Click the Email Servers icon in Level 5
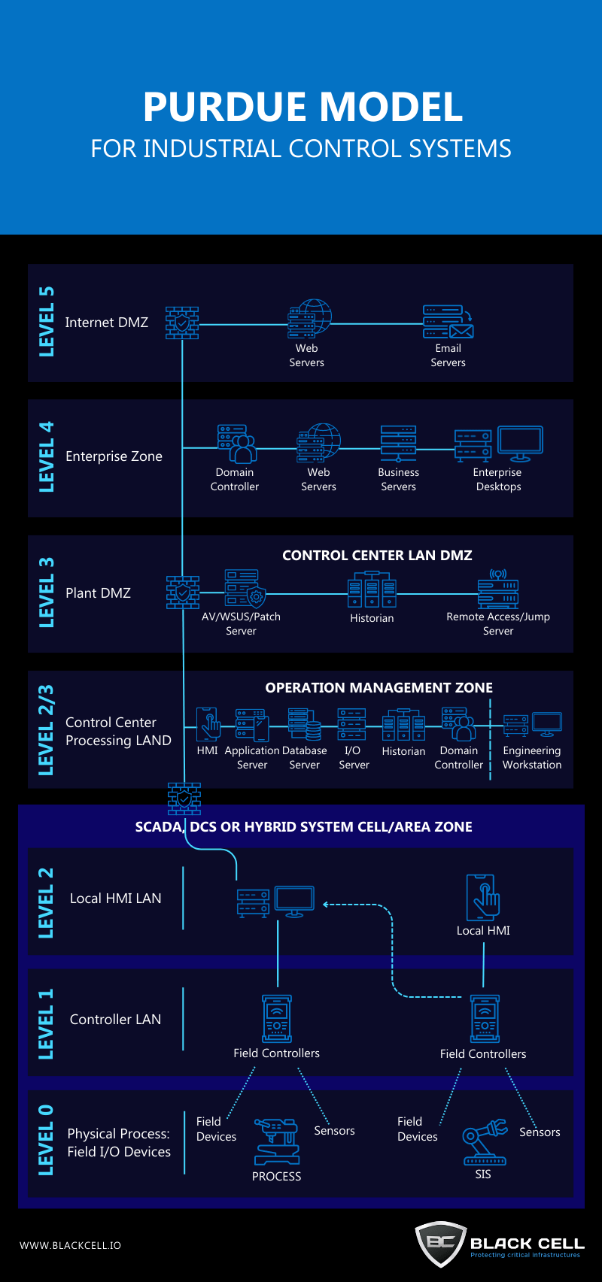[448, 322]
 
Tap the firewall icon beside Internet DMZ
[182, 323]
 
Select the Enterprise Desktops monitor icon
[520, 443]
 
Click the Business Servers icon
[398, 444]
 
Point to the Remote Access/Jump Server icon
[498, 590]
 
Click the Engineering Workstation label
[532, 757]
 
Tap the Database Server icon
[304, 725]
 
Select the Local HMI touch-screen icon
[483, 897]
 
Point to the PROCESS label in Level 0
[276, 1177]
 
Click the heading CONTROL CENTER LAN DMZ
[377, 556]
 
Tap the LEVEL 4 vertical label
[47, 456]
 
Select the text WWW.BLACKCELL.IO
[70, 1246]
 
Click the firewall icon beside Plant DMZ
[183, 593]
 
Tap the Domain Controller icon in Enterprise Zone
[237, 444]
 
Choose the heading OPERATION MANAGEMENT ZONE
[379, 688]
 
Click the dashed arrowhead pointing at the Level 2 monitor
[326, 905]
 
